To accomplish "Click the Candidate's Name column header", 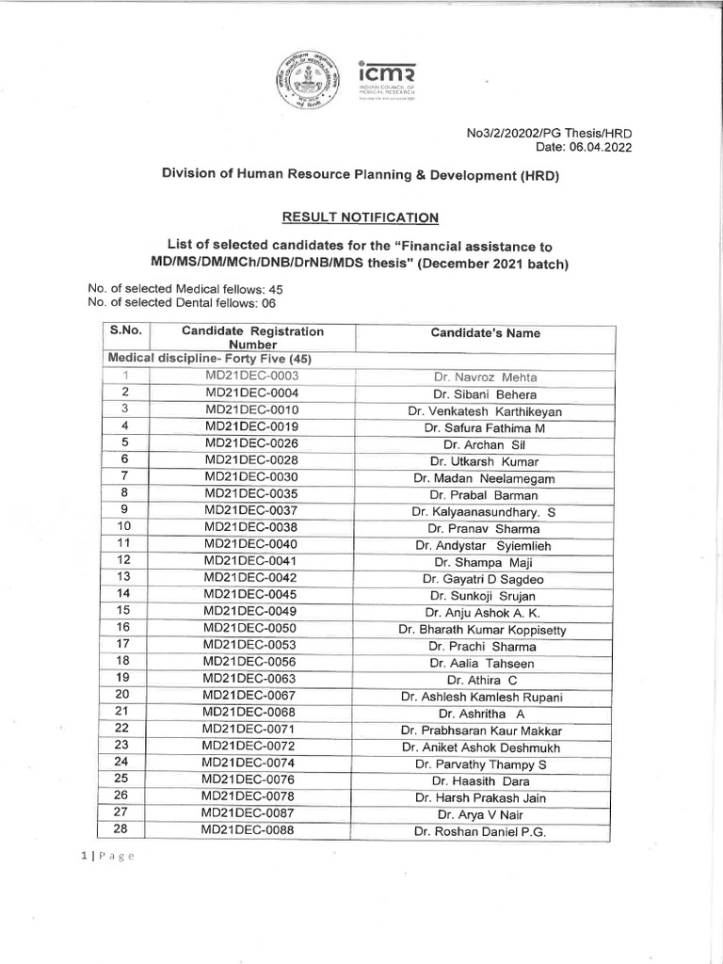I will pyautogui.click(x=485, y=333).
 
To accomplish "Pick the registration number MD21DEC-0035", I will pyautogui.click(x=251, y=494).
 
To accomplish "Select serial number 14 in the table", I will pyautogui.click(x=123, y=594).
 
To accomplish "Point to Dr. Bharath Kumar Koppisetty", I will pyautogui.click(x=482, y=630).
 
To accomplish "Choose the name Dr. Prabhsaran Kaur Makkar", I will pyautogui.click(x=481, y=731).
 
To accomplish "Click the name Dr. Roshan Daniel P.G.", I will pyautogui.click(x=481, y=831).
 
